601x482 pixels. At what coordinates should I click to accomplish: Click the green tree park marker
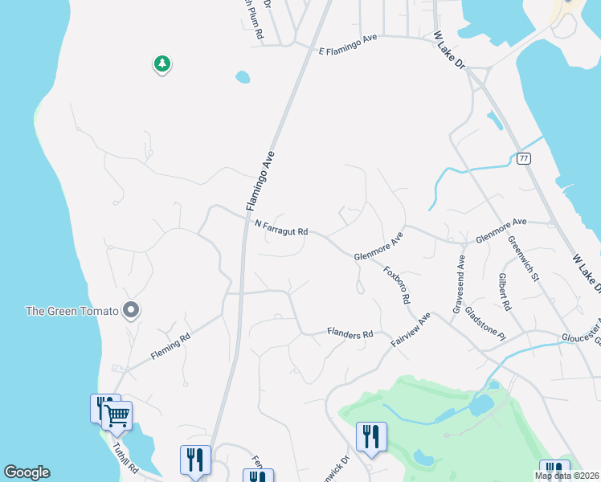[162, 64]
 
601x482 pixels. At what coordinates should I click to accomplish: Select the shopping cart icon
[117, 415]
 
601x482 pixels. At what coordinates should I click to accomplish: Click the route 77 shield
[524, 158]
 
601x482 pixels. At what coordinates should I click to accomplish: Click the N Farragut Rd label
[281, 229]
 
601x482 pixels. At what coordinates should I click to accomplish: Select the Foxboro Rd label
[397, 284]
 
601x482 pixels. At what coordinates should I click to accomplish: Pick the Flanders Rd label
[350, 333]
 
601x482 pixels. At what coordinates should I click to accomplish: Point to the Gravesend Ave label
[459, 284]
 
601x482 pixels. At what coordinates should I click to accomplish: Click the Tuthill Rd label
[126, 458]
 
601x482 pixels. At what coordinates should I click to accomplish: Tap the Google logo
[27, 472]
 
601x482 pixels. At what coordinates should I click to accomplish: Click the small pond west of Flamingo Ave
[242, 78]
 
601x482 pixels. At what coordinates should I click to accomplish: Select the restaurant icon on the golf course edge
[371, 436]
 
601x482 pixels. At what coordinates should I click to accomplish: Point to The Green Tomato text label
[72, 311]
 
